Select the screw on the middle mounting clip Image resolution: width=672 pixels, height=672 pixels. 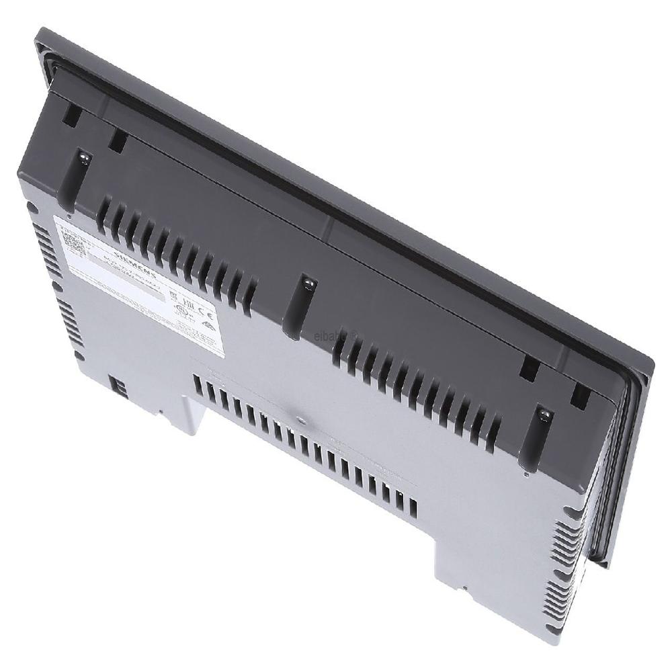pos(308,284)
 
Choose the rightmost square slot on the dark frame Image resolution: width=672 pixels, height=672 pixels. pos(579,396)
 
